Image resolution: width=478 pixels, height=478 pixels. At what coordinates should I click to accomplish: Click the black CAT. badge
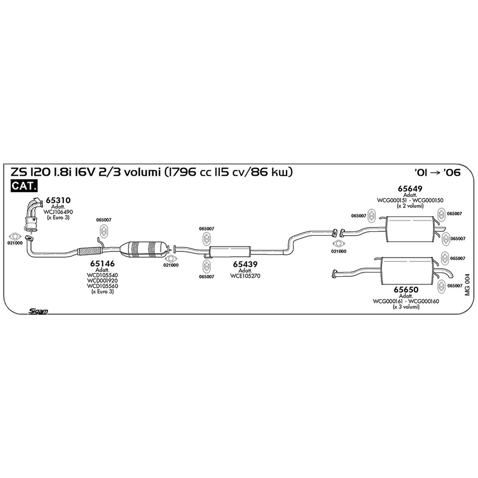point(24,186)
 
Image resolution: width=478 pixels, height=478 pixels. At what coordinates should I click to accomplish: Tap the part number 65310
point(58,200)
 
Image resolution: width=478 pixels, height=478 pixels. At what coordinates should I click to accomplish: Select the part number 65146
point(102,263)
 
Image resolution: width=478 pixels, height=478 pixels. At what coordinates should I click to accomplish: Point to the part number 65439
point(245,264)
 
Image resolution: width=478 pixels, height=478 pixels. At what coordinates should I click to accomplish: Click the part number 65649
point(410,188)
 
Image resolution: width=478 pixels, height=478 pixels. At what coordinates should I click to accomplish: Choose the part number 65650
point(406,290)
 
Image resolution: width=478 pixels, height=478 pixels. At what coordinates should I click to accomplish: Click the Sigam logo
point(38,311)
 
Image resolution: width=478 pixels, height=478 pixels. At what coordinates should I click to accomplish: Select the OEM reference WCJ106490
point(58,212)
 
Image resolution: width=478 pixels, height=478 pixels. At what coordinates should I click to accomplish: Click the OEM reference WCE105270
point(245,276)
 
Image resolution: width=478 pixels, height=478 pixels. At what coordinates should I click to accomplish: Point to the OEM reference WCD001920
point(102,280)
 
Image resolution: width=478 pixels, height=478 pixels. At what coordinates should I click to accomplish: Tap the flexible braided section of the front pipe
point(89,251)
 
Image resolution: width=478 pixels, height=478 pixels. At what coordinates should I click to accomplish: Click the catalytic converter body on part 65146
point(143,249)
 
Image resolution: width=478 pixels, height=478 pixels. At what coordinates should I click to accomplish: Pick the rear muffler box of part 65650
point(407,271)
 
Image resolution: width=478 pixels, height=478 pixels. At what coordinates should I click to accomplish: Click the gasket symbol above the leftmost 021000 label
point(15,236)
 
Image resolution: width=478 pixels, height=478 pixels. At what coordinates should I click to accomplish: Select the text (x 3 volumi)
point(406,307)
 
